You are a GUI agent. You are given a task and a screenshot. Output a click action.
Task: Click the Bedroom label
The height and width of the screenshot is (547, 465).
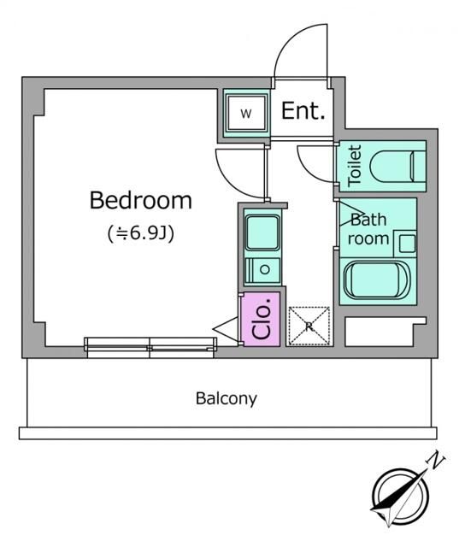coord(141,201)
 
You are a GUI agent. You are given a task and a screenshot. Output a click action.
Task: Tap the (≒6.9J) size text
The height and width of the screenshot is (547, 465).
coord(141,232)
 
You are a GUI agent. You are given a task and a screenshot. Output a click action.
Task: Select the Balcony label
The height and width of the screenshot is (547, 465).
coord(226,397)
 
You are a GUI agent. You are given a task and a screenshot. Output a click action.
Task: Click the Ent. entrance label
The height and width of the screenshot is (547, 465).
coord(303,112)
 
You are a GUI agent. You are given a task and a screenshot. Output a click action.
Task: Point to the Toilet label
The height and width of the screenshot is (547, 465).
coord(355,165)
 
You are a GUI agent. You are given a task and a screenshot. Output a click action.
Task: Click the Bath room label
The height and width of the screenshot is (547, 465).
coord(369,229)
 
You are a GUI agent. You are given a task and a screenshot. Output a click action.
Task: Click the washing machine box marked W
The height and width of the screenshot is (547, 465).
coord(245,114)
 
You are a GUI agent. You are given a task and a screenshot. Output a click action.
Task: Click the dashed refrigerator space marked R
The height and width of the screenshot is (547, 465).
coord(308,326)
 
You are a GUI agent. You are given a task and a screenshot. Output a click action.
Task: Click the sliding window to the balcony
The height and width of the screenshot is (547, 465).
coord(150,344)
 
